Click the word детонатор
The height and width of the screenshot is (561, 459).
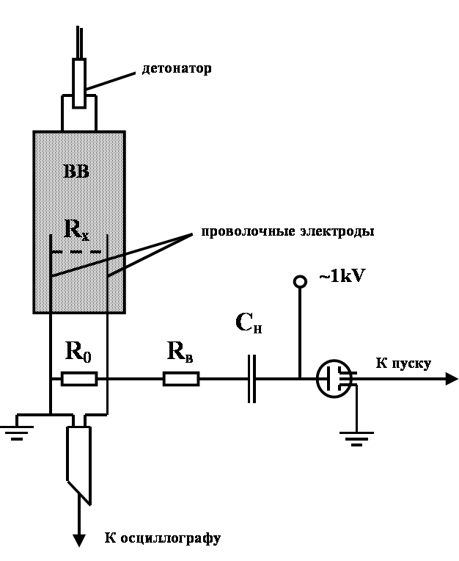176,69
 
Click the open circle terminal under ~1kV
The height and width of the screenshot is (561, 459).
299,281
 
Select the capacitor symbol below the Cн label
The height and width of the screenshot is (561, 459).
252,379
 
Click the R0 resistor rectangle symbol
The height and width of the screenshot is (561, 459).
78,379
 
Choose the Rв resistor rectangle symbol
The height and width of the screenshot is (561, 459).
180,379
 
